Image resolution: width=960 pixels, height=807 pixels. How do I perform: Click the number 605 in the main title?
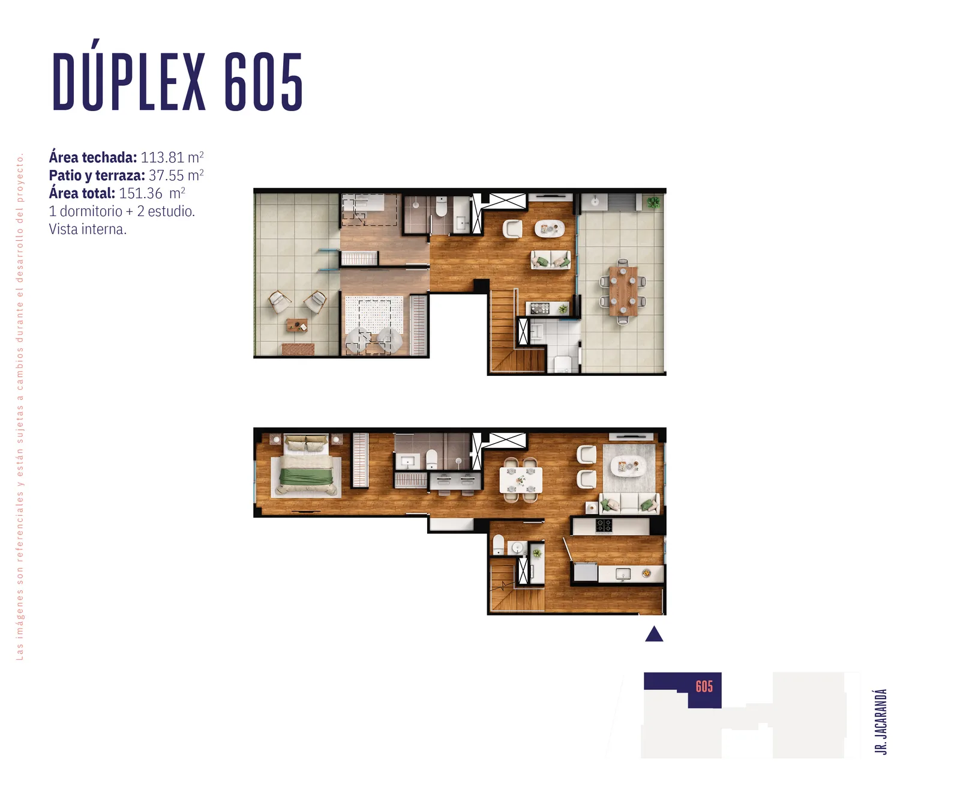(264, 82)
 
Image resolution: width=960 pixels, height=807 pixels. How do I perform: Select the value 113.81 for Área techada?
(162, 157)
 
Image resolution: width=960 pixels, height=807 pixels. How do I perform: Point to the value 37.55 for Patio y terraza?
(166, 175)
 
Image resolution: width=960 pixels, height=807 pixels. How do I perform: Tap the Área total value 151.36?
(140, 193)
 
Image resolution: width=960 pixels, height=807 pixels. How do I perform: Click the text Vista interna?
(88, 229)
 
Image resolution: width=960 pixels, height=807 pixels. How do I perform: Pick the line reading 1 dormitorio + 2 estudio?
(122, 211)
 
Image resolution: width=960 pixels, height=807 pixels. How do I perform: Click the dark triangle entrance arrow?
(654, 634)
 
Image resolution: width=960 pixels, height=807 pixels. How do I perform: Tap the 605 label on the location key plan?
(704, 686)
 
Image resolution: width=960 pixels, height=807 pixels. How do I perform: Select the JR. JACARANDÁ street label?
(881, 721)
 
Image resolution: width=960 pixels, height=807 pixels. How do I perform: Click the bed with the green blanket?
(306, 468)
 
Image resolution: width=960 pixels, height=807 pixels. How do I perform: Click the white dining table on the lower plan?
(521, 480)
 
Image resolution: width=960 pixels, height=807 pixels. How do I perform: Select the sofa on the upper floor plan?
(550, 260)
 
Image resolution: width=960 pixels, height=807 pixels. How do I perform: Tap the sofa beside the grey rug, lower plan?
(629, 503)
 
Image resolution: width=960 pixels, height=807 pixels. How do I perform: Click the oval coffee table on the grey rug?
(628, 465)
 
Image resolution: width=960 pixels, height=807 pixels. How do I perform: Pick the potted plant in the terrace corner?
(653, 202)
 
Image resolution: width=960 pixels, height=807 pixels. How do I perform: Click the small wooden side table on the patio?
(297, 325)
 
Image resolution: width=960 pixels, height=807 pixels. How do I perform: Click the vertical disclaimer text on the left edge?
(20, 407)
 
